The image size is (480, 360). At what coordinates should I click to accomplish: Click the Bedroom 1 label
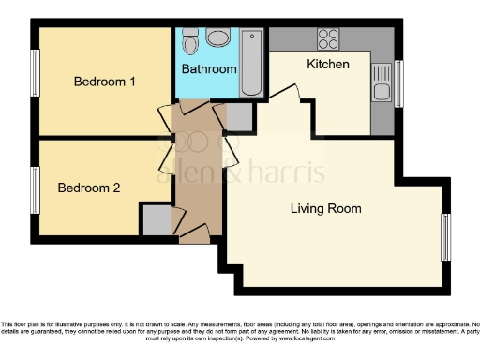point(105,82)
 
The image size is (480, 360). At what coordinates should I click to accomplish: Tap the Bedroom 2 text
point(89,187)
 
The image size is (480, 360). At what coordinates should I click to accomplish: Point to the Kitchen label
point(328,65)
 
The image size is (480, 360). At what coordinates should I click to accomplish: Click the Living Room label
point(325,208)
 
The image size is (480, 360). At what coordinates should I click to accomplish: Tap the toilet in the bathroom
point(190,43)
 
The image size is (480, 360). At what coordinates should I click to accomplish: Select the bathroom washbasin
point(218,38)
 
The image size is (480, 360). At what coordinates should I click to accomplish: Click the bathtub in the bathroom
point(251,64)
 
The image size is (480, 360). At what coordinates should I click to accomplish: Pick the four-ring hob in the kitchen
point(328,39)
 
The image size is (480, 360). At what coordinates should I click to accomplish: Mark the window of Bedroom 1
point(35,71)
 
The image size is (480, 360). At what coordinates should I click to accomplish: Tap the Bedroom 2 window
point(35,188)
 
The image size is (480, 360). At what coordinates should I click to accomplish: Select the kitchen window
point(398,82)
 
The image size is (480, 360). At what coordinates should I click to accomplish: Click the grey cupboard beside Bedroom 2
point(157,220)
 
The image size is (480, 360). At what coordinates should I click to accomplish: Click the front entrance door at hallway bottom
point(194,234)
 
